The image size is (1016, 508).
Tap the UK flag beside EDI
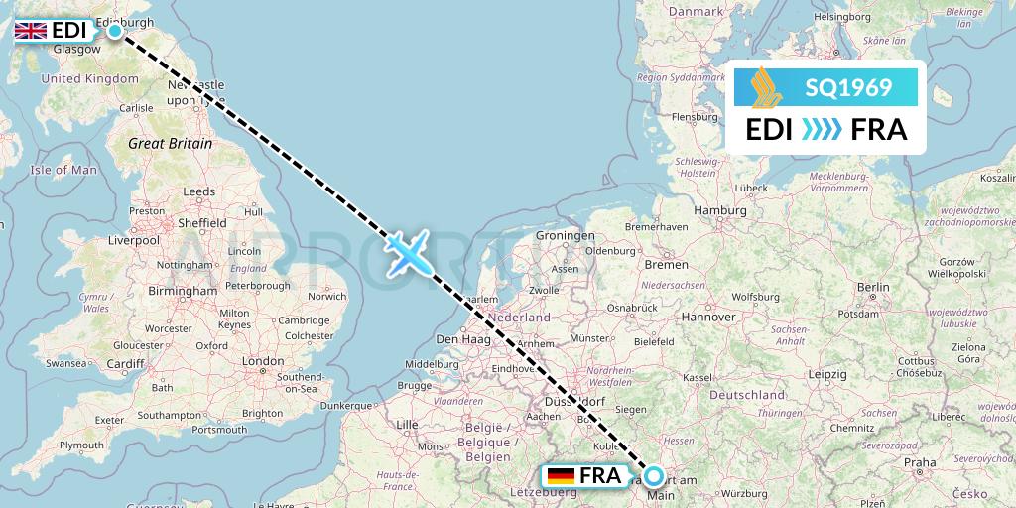31,31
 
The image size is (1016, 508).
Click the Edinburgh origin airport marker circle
115,31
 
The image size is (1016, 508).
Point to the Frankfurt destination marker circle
654,476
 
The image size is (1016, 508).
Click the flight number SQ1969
847,88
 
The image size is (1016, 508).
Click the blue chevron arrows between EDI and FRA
820,130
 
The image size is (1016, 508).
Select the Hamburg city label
720,210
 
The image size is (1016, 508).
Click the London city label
263,361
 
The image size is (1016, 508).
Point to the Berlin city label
874,287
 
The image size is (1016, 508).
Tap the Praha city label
920,462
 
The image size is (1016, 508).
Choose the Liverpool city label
134,240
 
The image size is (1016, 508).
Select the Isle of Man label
63,170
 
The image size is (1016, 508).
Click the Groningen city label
565,236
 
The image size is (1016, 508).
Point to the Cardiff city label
126,363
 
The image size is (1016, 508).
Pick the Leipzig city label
826,374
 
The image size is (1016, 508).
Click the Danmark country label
696,11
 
